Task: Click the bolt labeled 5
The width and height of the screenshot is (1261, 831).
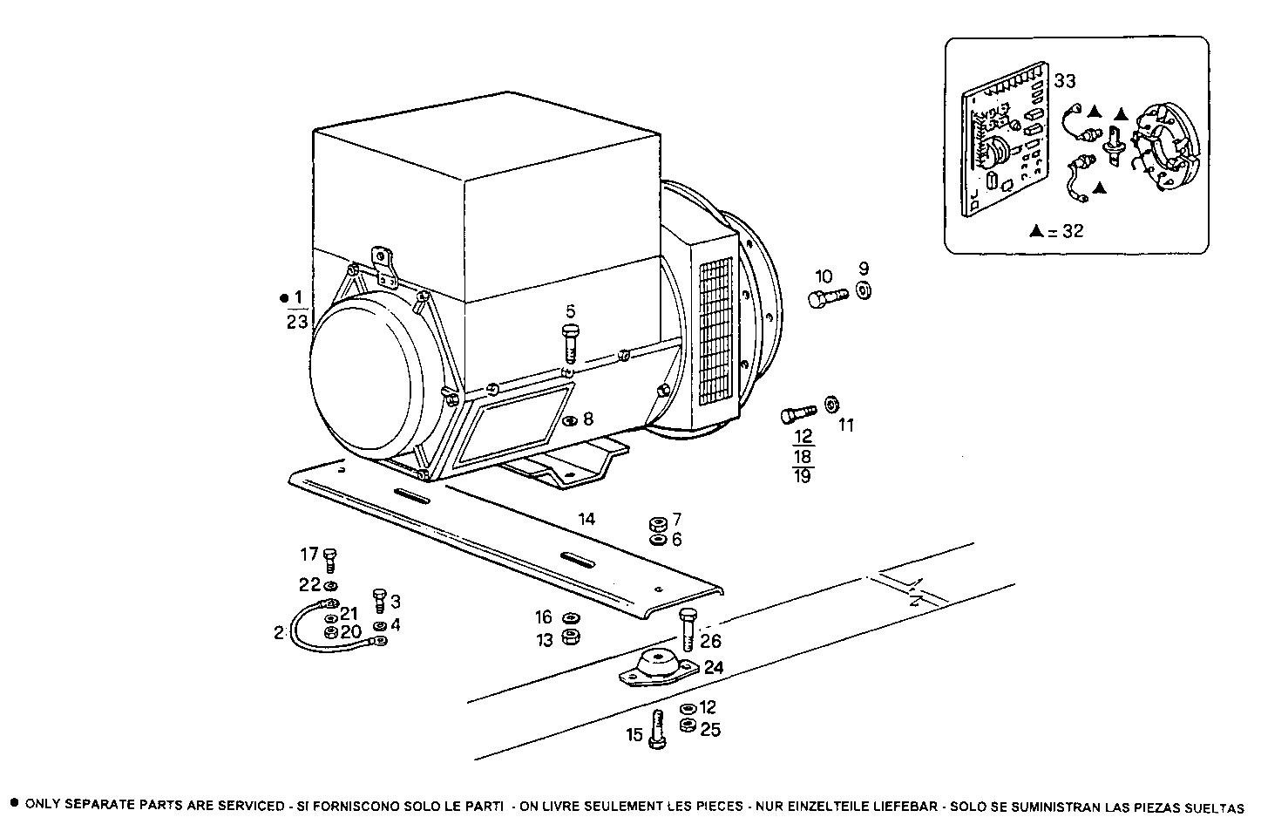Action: (x=571, y=343)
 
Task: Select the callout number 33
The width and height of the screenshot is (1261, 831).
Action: (x=1064, y=81)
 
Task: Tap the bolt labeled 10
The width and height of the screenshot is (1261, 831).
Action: (x=827, y=299)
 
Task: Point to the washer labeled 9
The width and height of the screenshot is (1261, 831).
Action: (x=863, y=291)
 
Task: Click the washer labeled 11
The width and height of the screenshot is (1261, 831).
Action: (x=830, y=404)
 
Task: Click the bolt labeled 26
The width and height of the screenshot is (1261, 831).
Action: (x=688, y=630)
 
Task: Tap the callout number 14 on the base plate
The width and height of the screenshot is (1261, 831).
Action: (x=586, y=519)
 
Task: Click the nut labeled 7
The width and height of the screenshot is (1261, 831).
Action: (x=658, y=524)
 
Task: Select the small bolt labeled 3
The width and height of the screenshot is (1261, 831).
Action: (x=378, y=600)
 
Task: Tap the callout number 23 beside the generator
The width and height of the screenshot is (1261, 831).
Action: (x=297, y=323)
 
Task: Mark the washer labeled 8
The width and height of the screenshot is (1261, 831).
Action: (x=569, y=421)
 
